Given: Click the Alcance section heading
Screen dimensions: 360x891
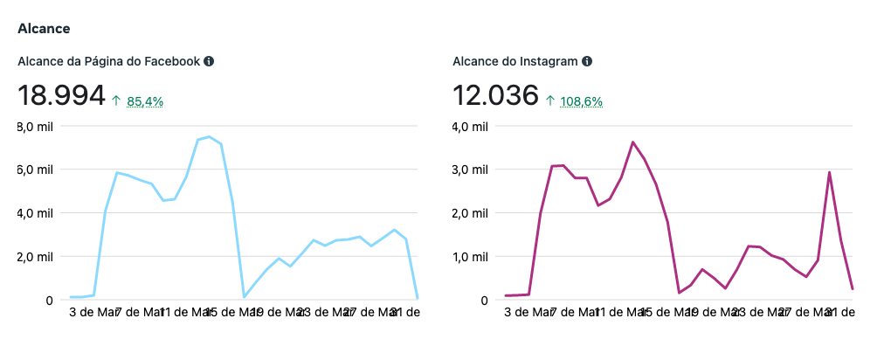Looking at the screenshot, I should click(44, 28).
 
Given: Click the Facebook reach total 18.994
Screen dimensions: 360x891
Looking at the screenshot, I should click(61, 96).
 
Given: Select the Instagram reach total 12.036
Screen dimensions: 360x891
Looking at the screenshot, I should click(495, 96).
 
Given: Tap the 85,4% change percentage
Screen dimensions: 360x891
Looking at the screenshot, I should click(145, 101).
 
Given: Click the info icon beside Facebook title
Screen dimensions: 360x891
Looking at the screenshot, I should click(209, 62).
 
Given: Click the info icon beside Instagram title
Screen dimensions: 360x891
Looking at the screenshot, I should click(587, 62).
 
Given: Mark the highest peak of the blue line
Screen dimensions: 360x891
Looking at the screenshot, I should click(209, 136).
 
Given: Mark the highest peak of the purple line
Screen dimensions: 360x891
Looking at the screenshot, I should click(632, 142).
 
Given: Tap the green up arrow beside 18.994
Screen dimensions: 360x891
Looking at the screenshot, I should click(116, 101).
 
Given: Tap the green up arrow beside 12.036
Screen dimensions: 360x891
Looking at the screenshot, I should click(550, 101).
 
